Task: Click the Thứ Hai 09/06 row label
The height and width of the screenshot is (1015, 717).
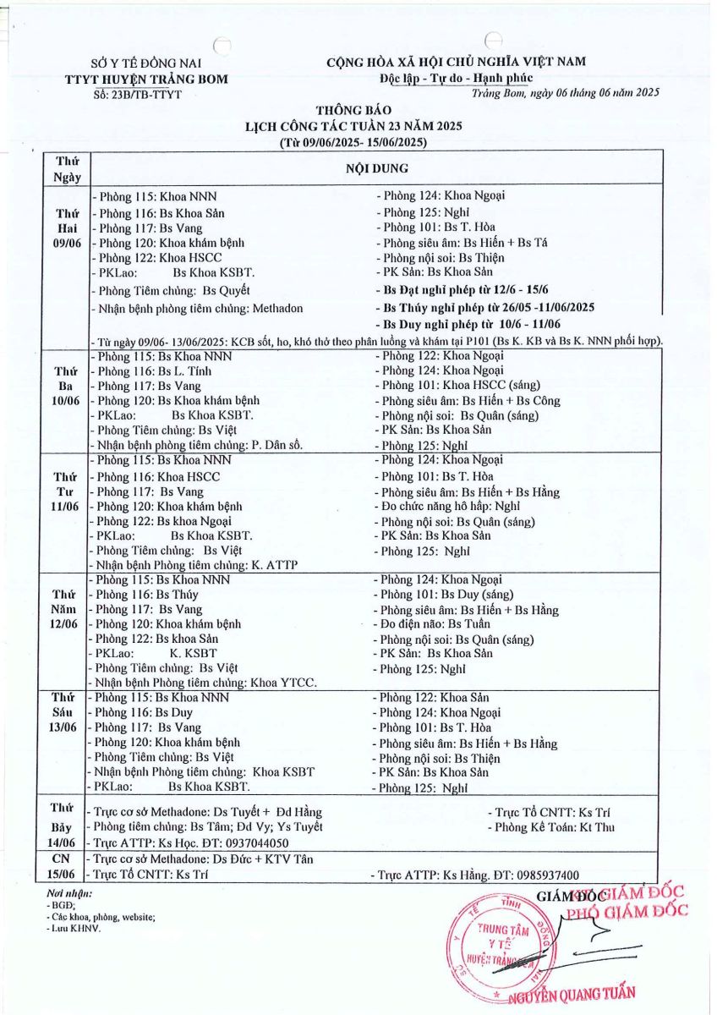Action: (x=67, y=228)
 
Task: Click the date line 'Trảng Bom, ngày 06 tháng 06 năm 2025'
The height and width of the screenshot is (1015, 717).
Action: (x=566, y=92)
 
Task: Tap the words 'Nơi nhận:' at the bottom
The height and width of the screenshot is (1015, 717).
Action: (x=70, y=892)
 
